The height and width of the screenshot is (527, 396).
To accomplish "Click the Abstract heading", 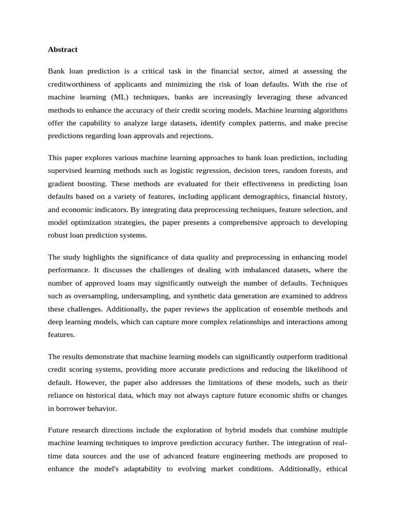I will coord(62,49).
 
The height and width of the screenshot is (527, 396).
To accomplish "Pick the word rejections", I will coord(194,136).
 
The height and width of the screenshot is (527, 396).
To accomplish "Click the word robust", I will coord(58,236).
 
